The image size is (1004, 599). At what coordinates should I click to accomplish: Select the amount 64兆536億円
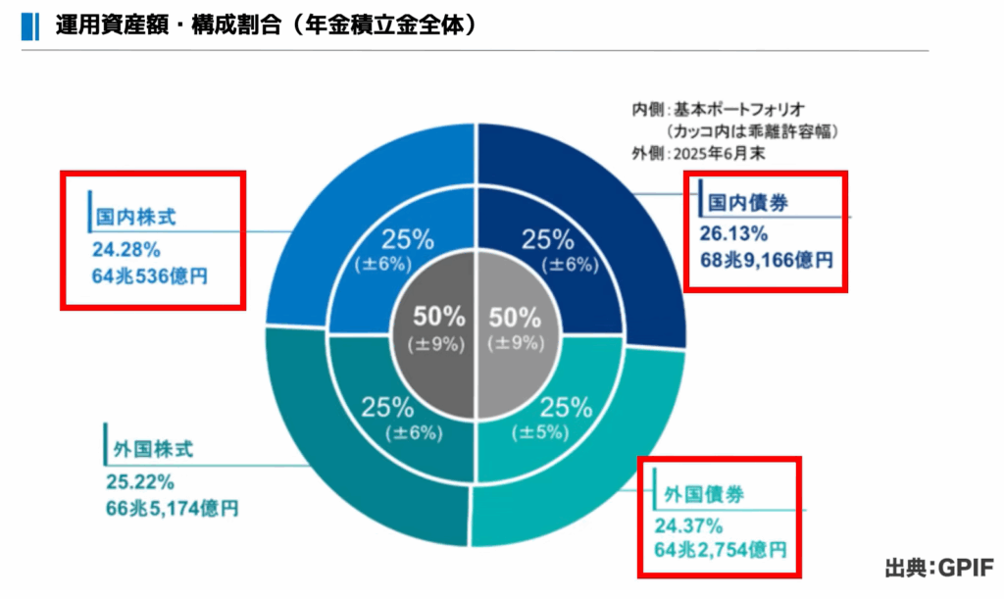151,275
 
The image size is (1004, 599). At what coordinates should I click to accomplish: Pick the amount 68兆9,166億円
766,260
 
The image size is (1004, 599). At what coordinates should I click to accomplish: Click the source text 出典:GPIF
938,569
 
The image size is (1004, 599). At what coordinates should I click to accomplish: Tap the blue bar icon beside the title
25,24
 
